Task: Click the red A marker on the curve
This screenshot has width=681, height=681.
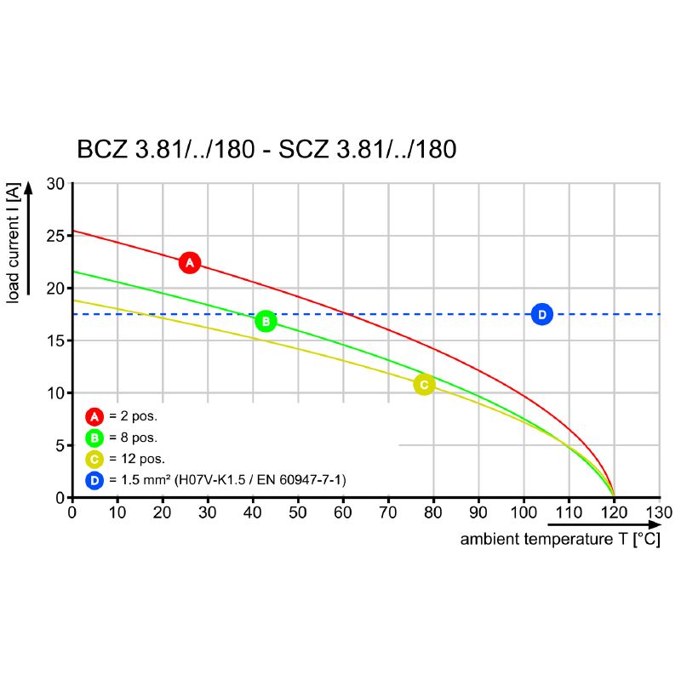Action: click(190, 262)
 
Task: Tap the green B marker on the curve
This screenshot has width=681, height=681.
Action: click(266, 321)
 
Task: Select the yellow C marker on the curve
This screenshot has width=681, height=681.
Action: click(424, 385)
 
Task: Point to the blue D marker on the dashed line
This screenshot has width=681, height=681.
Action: click(541, 314)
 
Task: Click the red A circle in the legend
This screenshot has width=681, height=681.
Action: click(94, 416)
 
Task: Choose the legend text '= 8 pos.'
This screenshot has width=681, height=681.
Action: click(134, 438)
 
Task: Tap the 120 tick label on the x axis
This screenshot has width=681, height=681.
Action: click(614, 512)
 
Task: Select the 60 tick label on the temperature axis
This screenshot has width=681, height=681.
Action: click(343, 512)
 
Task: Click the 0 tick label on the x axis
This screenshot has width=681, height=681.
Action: click(72, 512)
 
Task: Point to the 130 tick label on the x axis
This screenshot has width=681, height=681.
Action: click(659, 512)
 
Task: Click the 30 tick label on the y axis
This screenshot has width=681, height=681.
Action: click(55, 184)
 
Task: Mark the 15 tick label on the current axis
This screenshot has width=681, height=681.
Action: click(55, 340)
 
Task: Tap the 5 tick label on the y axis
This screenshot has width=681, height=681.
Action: click(60, 445)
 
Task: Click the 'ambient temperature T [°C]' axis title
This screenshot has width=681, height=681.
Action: click(559, 539)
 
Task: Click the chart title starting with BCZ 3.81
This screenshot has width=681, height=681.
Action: click(266, 150)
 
